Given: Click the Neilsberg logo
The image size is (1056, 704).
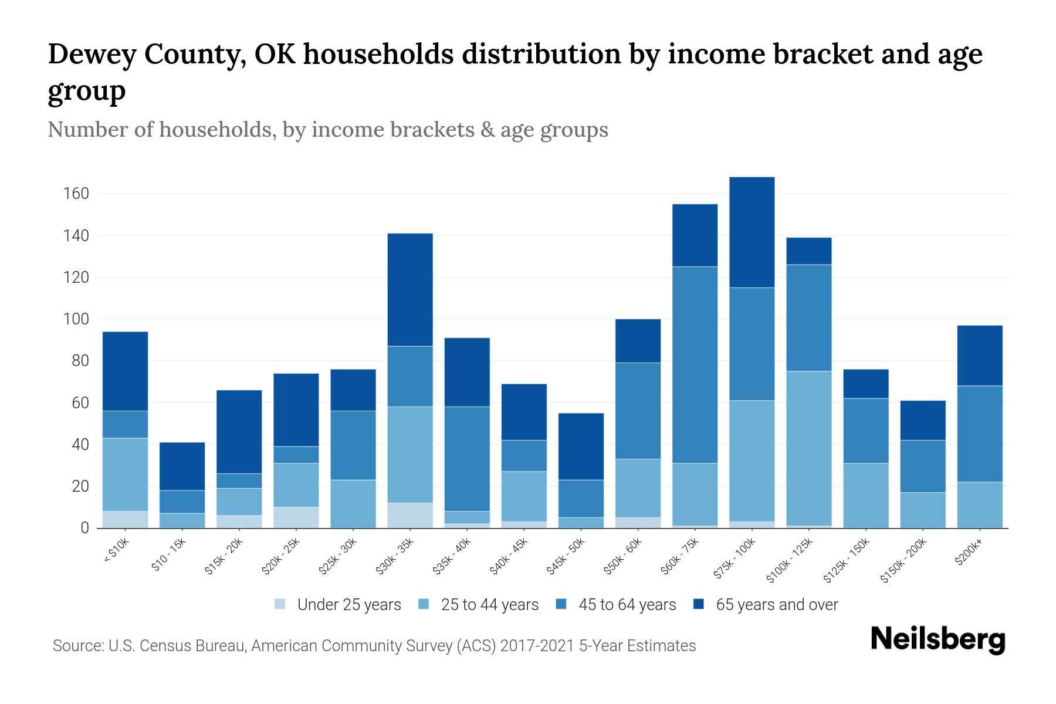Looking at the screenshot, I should [937, 639].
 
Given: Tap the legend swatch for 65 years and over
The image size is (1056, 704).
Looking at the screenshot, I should [699, 604].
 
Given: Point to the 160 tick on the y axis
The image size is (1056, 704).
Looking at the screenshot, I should [76, 194].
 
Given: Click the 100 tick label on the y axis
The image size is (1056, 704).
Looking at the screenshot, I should [76, 319].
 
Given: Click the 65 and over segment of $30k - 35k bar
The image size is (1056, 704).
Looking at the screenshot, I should [410, 290].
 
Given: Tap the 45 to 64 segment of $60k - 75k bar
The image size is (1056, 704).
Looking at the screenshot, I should [695, 365].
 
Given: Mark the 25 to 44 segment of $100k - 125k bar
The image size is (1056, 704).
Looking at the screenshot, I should [809, 448].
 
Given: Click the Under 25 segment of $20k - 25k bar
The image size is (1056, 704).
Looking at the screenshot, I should [296, 517].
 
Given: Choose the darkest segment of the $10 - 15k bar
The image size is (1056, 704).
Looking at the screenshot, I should [182, 466].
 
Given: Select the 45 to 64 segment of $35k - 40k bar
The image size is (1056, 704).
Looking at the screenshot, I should [467, 459].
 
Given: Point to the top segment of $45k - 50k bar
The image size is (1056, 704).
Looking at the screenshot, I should [581, 446].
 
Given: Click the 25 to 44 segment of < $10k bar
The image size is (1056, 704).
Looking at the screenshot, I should [125, 475].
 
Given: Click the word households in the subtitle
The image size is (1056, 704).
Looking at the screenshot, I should [216, 130].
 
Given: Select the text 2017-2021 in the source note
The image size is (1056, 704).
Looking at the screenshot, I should [537, 646].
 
